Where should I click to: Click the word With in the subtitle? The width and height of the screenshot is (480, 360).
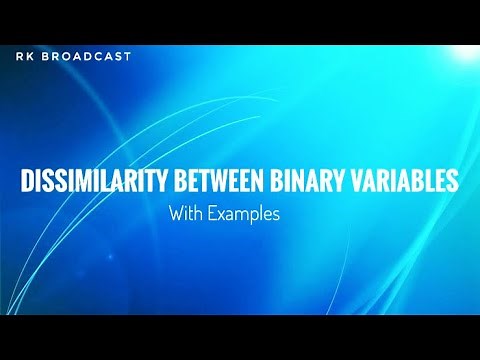point(184,212)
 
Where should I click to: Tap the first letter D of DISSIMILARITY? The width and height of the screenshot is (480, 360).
point(27,181)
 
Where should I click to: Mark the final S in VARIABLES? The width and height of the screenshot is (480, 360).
point(453,181)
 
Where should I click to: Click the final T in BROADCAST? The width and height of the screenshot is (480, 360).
point(127,57)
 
